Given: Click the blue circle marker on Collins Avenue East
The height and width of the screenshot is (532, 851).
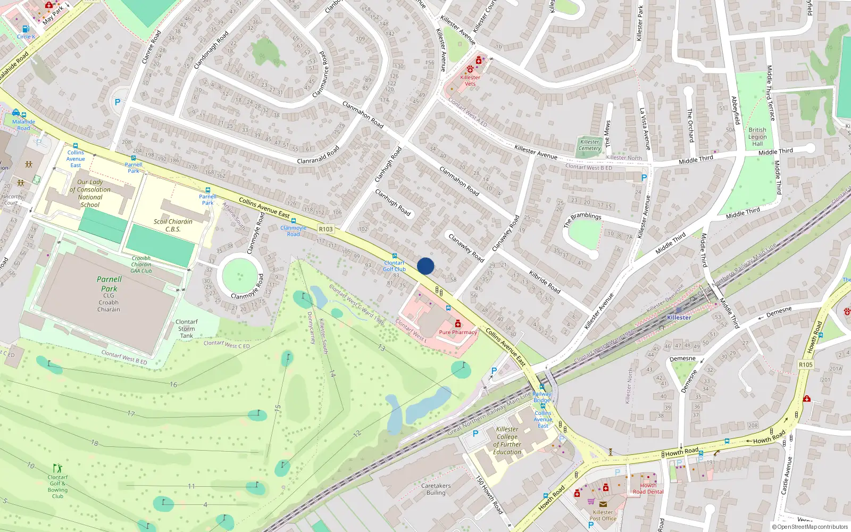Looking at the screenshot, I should click(x=425, y=266).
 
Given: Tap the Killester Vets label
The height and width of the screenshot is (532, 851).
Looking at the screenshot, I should click(x=470, y=80).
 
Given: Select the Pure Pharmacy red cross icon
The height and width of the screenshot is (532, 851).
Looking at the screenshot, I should click(x=458, y=323).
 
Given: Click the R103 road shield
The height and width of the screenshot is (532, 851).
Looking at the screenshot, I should click(x=326, y=229).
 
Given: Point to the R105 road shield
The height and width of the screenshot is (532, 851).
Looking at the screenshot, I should click(x=805, y=364).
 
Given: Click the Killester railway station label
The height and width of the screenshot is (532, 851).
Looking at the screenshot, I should click(x=679, y=318).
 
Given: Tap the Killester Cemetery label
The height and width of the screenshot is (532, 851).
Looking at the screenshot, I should click(x=589, y=145).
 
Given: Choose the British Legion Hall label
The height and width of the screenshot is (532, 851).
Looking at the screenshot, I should click(x=757, y=137).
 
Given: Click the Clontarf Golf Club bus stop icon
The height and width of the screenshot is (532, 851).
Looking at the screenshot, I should click(x=395, y=256).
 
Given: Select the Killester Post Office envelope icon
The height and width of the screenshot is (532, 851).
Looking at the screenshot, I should click(x=603, y=504).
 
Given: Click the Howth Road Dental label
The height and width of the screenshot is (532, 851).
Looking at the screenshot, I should click(x=648, y=488).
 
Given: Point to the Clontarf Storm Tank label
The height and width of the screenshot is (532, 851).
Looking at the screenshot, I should click(x=186, y=329).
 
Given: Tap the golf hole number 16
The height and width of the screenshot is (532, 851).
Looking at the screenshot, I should click(x=173, y=384).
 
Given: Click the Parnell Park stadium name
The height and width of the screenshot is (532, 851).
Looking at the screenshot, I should click(x=109, y=284).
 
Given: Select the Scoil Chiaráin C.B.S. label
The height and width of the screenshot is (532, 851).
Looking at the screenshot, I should click(x=173, y=225).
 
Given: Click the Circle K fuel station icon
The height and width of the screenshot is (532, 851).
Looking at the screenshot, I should click(x=25, y=29).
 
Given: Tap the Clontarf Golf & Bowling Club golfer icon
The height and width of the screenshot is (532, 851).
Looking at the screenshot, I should click(x=57, y=468).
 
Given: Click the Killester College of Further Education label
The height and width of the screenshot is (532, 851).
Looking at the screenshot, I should click(x=507, y=440).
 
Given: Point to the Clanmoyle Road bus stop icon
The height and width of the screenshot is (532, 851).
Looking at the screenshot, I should click(x=293, y=221).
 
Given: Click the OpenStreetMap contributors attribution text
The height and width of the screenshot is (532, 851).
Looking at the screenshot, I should click(x=812, y=527).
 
